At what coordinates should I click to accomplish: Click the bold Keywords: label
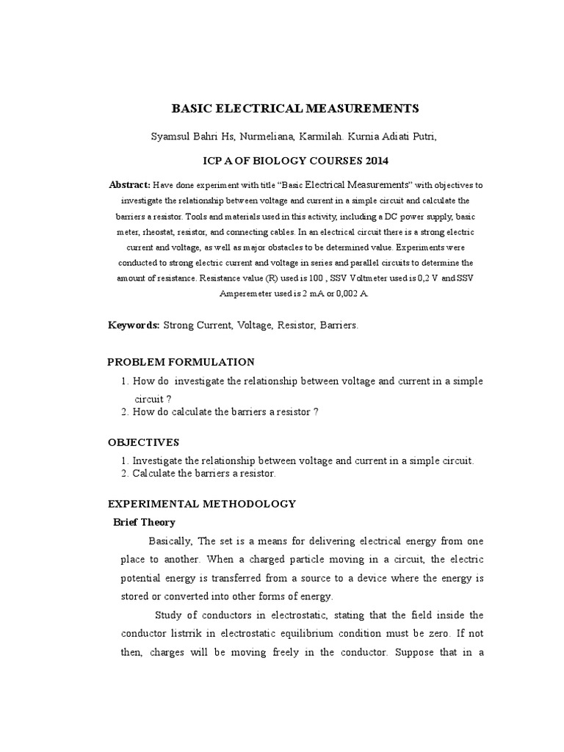click(x=134, y=325)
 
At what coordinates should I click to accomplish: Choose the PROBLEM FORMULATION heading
click(x=181, y=362)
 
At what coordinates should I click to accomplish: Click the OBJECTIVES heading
click(x=143, y=442)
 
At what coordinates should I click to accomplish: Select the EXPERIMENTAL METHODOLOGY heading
click(x=201, y=504)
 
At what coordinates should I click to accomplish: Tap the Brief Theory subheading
click(x=143, y=522)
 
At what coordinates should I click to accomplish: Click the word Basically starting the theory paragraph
click(x=170, y=541)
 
